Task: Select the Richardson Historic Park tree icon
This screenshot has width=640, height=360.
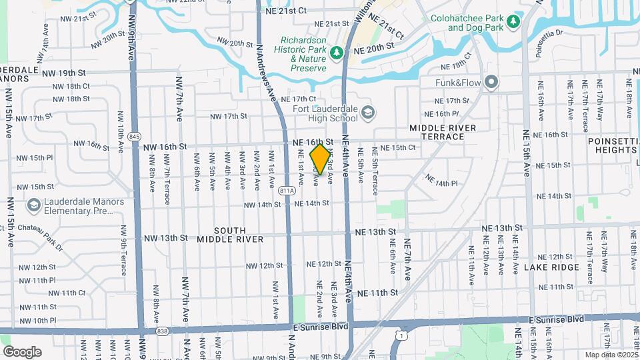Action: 338,51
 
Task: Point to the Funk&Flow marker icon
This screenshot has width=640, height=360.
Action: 492,83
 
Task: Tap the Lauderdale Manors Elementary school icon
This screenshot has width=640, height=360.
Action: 33,207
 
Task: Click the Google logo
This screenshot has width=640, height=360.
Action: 22,351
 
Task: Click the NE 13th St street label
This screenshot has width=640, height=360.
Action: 375,232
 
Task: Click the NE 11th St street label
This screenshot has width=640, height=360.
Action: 377,293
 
